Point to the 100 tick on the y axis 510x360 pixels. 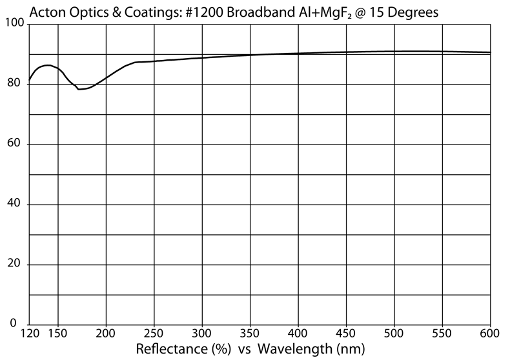click(14, 24)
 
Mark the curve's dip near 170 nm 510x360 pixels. click(79, 89)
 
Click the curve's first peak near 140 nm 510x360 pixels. click(46, 65)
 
